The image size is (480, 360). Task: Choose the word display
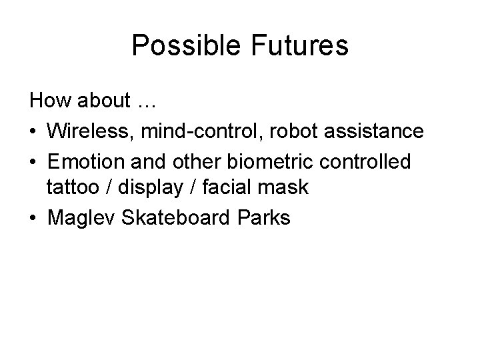(149, 188)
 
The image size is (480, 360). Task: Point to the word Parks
(265, 217)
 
